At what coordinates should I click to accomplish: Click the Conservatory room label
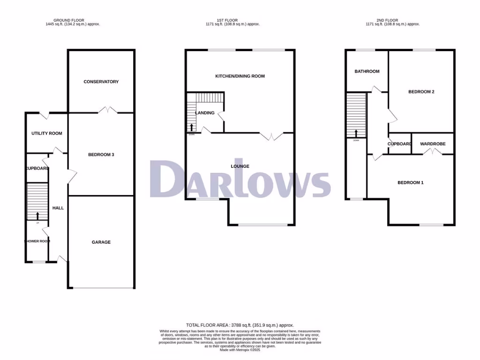[101, 82]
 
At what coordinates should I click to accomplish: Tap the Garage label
[101, 242]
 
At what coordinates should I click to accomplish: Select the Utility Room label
[47, 134]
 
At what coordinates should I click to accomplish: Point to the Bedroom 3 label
[101, 155]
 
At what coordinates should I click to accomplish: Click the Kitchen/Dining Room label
[240, 76]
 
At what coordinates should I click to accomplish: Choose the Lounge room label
[240, 166]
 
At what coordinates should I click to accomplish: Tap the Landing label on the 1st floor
[205, 113]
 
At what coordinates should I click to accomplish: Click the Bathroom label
[367, 72]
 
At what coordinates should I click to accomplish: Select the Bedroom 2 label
[421, 92]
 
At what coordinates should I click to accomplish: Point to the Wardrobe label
[433, 144]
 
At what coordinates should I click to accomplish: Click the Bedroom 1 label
[411, 183]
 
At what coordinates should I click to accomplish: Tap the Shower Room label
[37, 242]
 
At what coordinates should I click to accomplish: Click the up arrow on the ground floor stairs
[37, 215]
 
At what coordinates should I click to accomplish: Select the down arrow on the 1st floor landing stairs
[192, 127]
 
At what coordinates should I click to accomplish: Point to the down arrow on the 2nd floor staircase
[356, 133]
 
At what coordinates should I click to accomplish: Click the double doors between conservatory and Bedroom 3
[108, 111]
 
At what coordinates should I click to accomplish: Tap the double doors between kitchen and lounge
[272, 136]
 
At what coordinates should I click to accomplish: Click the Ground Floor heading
[69, 20]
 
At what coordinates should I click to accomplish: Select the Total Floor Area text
[240, 325]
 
